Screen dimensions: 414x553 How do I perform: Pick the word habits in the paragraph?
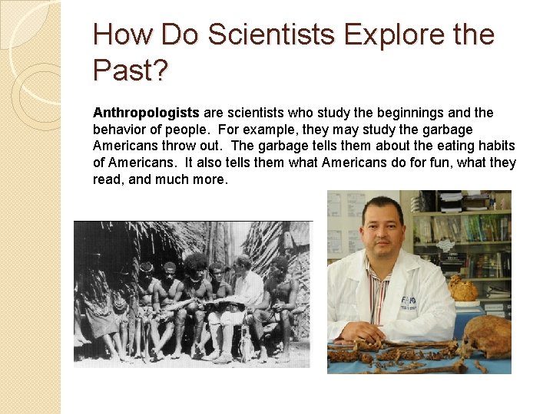[495, 146]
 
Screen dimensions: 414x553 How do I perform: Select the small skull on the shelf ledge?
[462, 289]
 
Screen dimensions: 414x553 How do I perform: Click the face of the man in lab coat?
[382, 230]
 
